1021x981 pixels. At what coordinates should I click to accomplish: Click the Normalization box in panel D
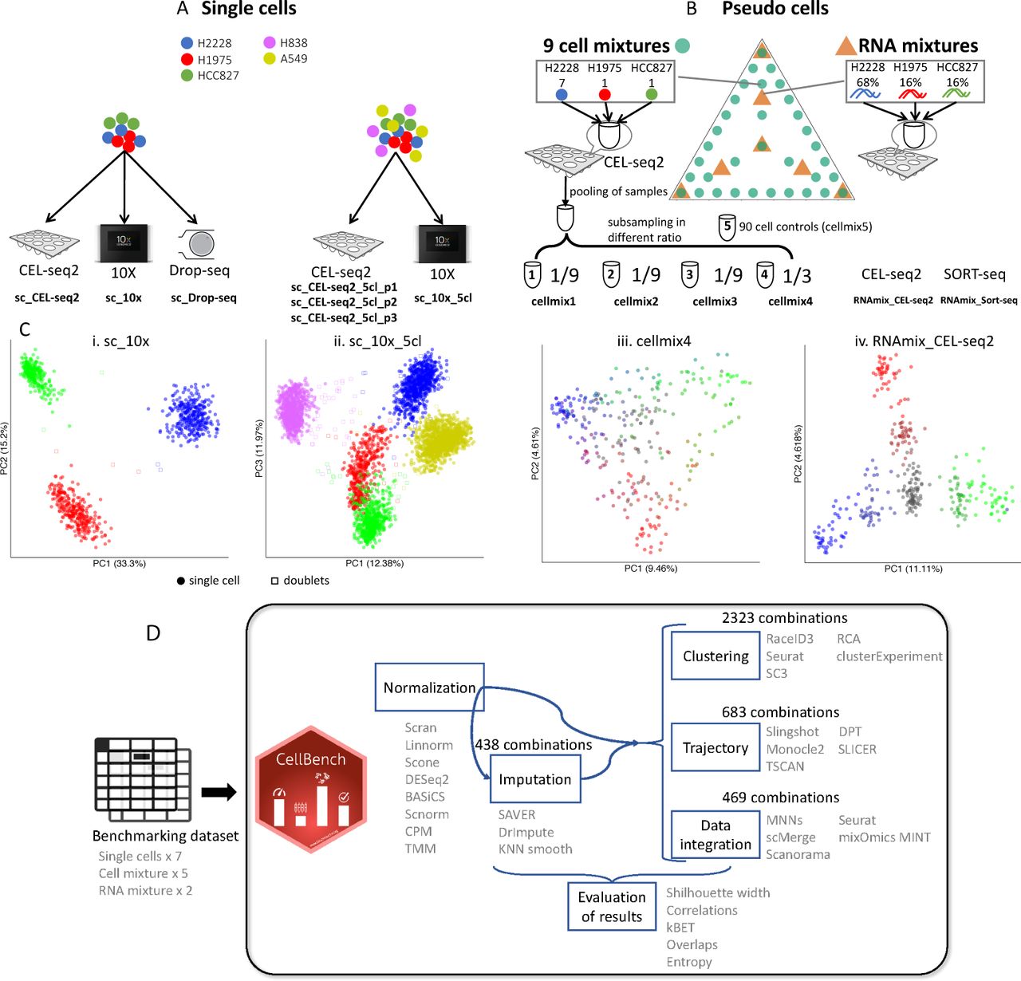coord(429,687)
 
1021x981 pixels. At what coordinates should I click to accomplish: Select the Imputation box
coord(534,779)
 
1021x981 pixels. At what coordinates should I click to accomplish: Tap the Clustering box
coord(715,656)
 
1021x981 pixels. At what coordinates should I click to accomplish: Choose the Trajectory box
coord(715,747)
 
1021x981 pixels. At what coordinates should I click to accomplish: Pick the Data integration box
coord(715,835)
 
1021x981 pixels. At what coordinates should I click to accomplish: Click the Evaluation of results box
coord(611,907)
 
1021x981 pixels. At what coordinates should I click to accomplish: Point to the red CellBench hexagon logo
coord(310,790)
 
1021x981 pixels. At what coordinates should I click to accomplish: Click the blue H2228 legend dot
coord(187,43)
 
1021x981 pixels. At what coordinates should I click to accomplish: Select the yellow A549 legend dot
coord(270,58)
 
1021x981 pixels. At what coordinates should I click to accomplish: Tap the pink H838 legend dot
coord(270,42)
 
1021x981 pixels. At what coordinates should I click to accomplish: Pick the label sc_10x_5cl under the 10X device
coord(443,298)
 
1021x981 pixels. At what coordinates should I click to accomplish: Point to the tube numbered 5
coord(727,227)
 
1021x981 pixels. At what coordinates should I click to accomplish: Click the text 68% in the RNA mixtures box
coord(867,82)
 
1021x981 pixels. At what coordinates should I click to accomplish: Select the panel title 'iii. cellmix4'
coord(653,341)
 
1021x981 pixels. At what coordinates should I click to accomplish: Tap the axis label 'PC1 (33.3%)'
coord(119,564)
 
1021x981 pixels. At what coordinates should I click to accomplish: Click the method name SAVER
coord(516,815)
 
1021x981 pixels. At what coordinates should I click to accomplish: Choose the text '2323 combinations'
coord(784,618)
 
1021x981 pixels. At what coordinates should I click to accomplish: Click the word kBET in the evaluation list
coord(680,928)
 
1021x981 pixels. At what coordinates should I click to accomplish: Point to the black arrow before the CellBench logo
coord(219,792)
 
